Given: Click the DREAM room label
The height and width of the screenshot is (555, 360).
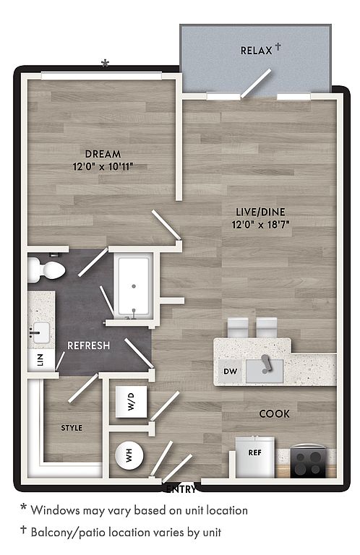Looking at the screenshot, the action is [103, 154].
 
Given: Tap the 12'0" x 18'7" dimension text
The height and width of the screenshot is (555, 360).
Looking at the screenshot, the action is [260, 225].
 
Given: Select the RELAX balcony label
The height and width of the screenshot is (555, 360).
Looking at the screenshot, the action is [257, 51].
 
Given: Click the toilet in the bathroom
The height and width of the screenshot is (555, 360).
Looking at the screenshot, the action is [46, 270].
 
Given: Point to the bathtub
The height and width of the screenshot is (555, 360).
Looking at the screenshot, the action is [134, 286].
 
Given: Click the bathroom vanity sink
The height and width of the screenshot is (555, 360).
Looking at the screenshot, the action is [39, 333].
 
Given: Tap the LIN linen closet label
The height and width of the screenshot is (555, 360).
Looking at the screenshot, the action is [40, 360].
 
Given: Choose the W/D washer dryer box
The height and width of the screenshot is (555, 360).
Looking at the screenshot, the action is [132, 401].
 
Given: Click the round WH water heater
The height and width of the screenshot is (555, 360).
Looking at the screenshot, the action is [129, 455].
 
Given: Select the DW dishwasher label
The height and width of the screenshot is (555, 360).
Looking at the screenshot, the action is [231, 371].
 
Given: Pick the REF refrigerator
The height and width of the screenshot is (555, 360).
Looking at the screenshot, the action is [255, 457].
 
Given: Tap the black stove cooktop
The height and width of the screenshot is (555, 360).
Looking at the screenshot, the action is [308, 462].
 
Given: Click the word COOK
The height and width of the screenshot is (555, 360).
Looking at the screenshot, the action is [274, 414].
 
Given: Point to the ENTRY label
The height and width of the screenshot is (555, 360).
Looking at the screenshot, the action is [181, 489].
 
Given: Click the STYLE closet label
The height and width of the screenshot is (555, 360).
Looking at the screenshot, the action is [72, 428].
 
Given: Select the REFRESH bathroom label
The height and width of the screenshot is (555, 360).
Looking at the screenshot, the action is [88, 345].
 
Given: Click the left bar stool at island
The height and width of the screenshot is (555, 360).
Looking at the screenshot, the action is [238, 327].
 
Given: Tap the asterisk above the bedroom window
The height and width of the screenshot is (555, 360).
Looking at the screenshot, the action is [105, 64].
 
